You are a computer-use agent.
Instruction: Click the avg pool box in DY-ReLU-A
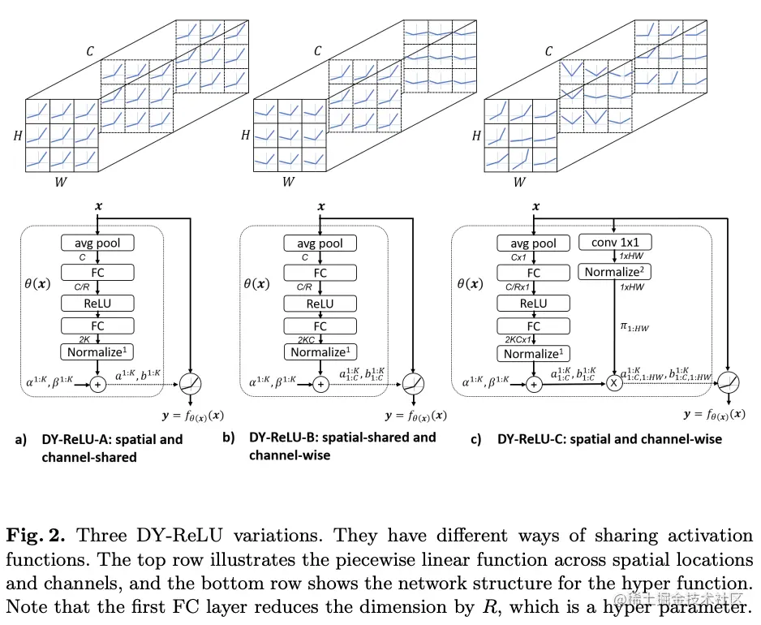(x=97, y=243)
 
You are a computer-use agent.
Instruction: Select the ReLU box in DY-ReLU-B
(x=320, y=304)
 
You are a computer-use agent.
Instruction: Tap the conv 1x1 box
(x=614, y=242)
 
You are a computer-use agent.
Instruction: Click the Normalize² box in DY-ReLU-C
(x=614, y=272)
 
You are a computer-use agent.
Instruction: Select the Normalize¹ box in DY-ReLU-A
(x=97, y=352)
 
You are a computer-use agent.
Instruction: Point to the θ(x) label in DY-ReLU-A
(x=37, y=285)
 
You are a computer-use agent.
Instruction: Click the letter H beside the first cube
(x=17, y=136)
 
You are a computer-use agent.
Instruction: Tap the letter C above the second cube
(x=317, y=52)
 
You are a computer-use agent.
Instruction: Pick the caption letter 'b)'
(x=230, y=437)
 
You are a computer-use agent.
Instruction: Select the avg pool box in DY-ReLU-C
(x=533, y=243)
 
